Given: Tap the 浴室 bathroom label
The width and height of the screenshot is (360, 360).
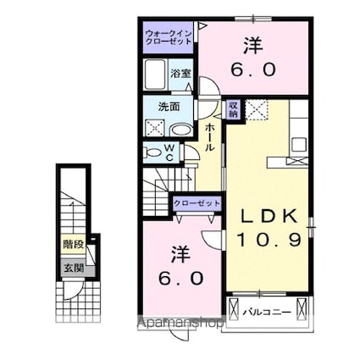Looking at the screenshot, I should click(x=182, y=74).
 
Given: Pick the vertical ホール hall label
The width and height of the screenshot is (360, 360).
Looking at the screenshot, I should click(x=208, y=136).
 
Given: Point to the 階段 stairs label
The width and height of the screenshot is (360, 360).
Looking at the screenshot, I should click(x=73, y=245).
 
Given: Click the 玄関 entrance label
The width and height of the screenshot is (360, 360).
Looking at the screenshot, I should click(x=73, y=269).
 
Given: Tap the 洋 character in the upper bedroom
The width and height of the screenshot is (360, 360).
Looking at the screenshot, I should click(x=252, y=45).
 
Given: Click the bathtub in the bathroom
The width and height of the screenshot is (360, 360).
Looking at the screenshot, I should click(x=155, y=75).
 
